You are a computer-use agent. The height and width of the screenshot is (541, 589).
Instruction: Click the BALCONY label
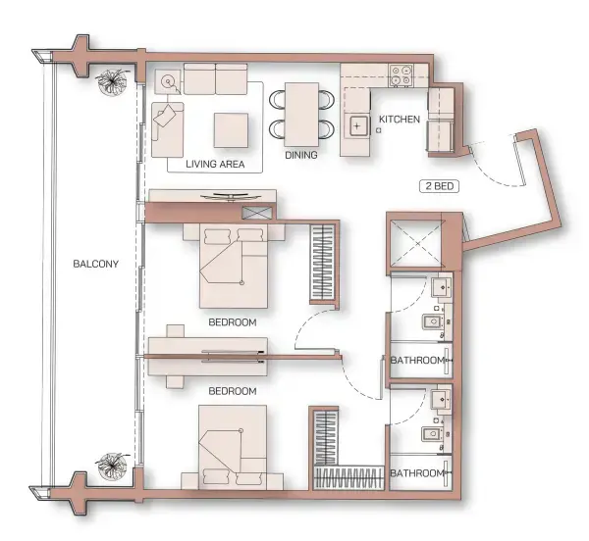pyautogui.click(x=95, y=263)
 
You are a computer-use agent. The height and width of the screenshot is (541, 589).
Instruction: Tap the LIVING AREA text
pyautogui.click(x=214, y=164)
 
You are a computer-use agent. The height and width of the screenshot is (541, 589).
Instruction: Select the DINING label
pyautogui.click(x=301, y=154)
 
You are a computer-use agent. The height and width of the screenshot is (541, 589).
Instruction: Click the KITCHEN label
pyautogui.click(x=399, y=120)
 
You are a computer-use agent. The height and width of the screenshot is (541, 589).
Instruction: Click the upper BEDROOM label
pyautogui.click(x=233, y=321)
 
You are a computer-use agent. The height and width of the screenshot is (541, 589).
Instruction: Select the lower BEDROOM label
pyautogui.click(x=233, y=391)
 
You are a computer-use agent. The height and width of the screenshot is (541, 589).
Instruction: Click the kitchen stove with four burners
pyautogui.click(x=401, y=74)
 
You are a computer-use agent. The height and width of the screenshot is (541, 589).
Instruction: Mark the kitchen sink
pyautogui.click(x=357, y=124)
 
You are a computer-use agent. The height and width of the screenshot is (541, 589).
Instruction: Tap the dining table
pyautogui.click(x=300, y=111)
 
